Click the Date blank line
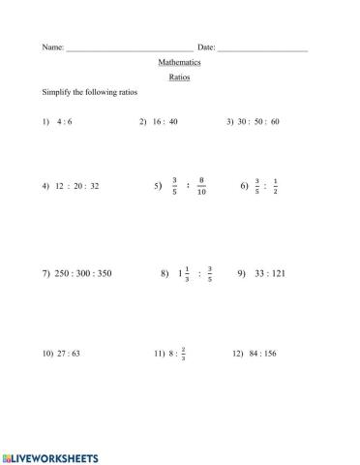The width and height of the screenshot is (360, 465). pyautogui.click(x=263, y=47)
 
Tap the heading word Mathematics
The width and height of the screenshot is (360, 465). pyautogui.click(x=179, y=61)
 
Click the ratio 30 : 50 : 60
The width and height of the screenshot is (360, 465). pyautogui.click(x=260, y=122)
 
